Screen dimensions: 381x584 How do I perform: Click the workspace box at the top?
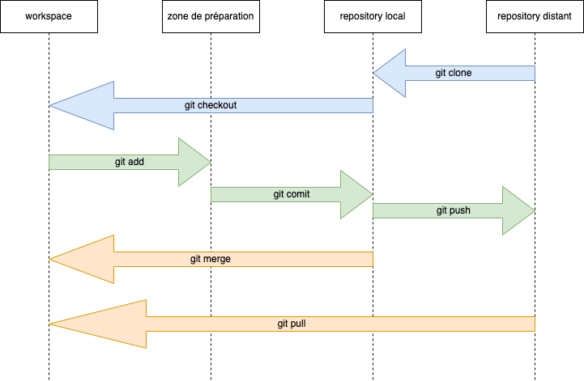[49, 16]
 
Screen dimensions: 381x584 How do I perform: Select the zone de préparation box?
[211, 16]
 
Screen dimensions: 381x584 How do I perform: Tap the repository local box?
[373, 16]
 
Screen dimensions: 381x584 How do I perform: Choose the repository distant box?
[535, 16]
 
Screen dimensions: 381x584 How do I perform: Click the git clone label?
[453, 73]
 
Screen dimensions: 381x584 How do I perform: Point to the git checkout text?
[211, 105]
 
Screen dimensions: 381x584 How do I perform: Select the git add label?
[130, 162]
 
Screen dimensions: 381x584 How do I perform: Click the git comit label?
[292, 194]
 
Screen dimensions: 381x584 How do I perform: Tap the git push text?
[453, 210]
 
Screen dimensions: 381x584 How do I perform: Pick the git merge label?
[211, 259]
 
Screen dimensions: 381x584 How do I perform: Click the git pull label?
[292, 324]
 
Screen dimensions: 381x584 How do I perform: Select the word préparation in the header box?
[228, 16]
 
